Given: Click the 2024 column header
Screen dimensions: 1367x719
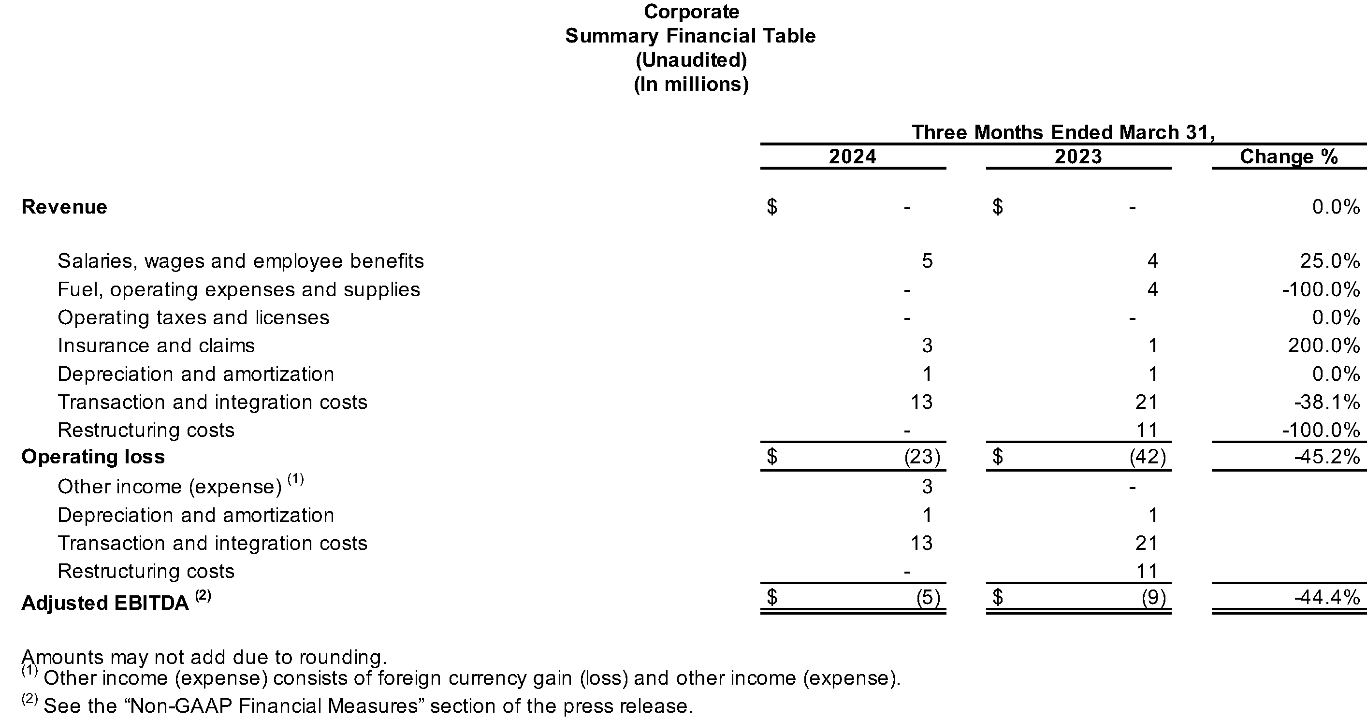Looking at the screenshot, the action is [852, 157].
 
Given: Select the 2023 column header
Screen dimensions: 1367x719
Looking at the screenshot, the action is [1078, 157].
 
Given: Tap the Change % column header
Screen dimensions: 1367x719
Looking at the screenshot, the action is [1289, 157].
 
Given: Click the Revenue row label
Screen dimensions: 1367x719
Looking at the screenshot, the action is [64, 206].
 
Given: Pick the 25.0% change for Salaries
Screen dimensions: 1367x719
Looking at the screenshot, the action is [1330, 260].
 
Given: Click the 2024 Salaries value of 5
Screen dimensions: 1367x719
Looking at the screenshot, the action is [927, 260].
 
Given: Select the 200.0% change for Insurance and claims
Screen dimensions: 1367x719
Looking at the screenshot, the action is [1324, 345].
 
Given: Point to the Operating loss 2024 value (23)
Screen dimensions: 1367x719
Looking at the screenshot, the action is [922, 456].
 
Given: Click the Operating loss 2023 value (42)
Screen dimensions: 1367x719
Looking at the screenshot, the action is [1148, 456].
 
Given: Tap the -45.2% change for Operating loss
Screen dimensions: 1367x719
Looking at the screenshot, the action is [1327, 456].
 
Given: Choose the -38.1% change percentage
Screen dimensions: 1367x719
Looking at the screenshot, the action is [1327, 402].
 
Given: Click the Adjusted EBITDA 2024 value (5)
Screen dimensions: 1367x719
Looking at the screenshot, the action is [928, 598].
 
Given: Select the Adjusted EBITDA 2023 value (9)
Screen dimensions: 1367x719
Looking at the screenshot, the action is [1154, 598].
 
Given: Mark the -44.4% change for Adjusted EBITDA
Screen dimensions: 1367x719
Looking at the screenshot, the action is [1327, 598].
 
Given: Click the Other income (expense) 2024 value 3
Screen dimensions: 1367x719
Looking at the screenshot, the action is [927, 487].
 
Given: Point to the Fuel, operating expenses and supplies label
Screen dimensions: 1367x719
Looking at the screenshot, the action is [239, 289].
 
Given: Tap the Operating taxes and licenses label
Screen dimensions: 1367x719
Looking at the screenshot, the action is [194, 317].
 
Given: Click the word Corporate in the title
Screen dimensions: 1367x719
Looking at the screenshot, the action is [691, 12].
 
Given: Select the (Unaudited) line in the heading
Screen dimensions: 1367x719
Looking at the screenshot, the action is [691, 60].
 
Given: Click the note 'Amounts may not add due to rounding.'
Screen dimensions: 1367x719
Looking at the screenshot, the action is [204, 657].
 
